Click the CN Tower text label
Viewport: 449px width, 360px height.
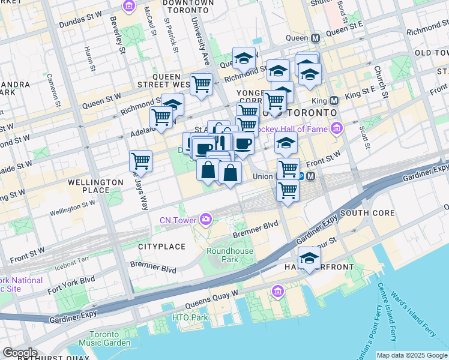[178, 220]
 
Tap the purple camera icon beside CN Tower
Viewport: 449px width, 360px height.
[206, 220]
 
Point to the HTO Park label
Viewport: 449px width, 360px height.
[190, 317]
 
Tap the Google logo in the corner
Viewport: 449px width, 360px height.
[19, 353]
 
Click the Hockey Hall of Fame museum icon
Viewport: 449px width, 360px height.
[336, 128]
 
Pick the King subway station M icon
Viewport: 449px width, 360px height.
[334, 100]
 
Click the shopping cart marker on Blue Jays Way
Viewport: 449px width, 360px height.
[140, 160]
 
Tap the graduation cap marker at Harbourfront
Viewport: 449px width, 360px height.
[309, 258]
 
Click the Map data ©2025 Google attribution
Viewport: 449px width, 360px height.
[411, 355]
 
